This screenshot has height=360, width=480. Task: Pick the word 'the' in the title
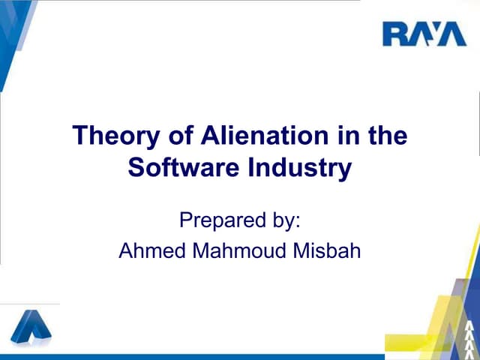click(x=387, y=137)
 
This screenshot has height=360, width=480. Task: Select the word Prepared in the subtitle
click(x=213, y=221)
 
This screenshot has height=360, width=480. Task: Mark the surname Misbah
click(x=325, y=250)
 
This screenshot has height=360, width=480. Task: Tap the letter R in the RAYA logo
click(x=394, y=34)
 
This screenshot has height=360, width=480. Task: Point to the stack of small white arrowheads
click(x=469, y=338)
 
